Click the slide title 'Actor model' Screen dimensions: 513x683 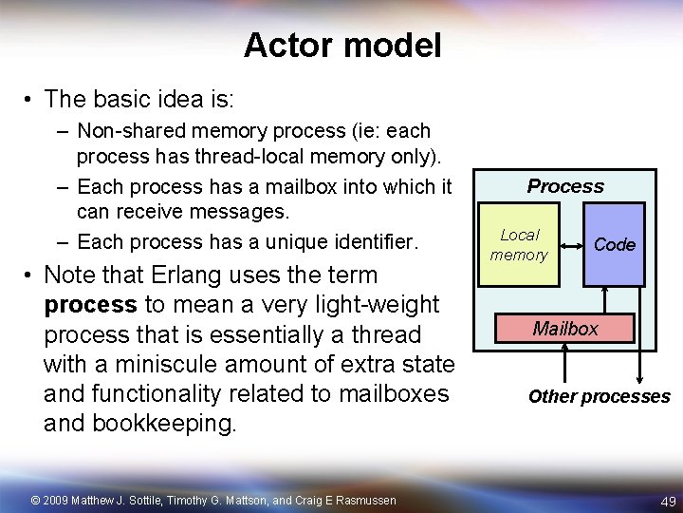tap(341, 45)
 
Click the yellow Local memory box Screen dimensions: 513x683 tap(519, 244)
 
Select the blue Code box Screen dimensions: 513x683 tap(614, 245)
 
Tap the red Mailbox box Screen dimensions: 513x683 tap(565, 329)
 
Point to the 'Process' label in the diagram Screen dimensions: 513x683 tap(565, 186)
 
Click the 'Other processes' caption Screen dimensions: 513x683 tap(599, 396)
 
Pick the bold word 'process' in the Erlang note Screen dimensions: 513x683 tap(90, 305)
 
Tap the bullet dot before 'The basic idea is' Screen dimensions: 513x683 tap(30, 99)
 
